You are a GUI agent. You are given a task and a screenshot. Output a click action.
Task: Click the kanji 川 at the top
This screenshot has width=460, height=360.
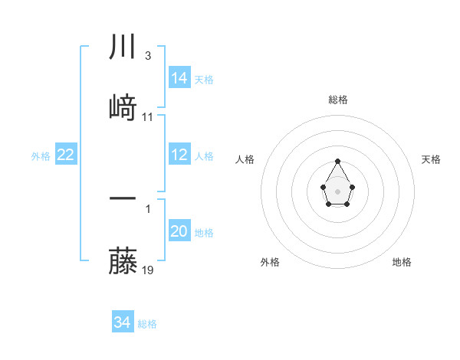pyautogui.click(x=123, y=47)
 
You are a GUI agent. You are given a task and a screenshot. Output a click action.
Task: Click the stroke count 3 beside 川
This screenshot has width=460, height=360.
pyautogui.click(x=147, y=56)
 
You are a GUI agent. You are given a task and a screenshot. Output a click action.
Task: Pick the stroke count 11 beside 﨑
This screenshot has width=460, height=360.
pyautogui.click(x=148, y=117)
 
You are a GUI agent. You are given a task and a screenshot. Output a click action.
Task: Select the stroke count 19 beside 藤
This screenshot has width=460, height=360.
pyautogui.click(x=149, y=270)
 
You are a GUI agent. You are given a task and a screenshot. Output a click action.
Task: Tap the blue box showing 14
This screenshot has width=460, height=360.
pyautogui.click(x=179, y=77)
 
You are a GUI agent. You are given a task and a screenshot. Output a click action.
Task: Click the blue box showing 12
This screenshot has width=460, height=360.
pyautogui.click(x=179, y=155)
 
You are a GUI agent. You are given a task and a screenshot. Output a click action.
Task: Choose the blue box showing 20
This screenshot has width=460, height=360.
pyautogui.click(x=179, y=231)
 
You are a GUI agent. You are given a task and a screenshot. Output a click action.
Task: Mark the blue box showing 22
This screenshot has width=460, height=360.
pyautogui.click(x=66, y=155)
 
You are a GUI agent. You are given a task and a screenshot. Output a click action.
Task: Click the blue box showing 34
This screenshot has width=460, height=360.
pyautogui.click(x=122, y=322)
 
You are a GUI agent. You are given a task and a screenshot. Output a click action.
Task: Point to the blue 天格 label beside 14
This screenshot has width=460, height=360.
pyautogui.click(x=204, y=80)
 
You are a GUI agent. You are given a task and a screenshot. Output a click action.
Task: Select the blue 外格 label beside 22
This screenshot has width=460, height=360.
pyautogui.click(x=41, y=156)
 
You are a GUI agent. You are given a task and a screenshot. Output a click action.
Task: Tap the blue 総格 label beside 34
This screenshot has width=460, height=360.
pyautogui.click(x=147, y=324)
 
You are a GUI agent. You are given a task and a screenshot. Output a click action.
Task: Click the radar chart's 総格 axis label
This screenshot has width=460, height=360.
pyautogui.click(x=338, y=100)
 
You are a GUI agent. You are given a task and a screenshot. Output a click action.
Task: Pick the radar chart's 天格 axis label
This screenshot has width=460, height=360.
pyautogui.click(x=432, y=159)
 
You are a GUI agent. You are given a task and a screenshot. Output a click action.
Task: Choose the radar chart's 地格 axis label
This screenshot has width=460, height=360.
pyautogui.click(x=402, y=262)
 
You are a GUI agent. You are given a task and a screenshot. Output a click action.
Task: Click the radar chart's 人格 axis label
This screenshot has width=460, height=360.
pyautogui.click(x=245, y=159)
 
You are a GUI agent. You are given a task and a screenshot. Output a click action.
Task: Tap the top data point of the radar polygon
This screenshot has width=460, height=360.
pyautogui.click(x=338, y=161)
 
